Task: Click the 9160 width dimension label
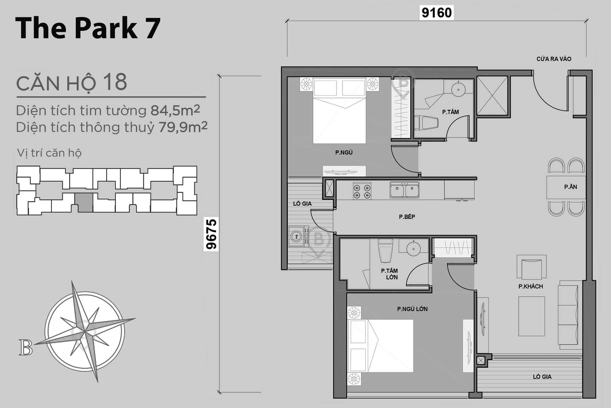[x=436, y=13]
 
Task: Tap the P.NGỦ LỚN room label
[x=412, y=309]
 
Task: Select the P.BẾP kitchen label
[x=407, y=217]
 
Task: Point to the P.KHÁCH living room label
[x=530, y=286]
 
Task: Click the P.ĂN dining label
[x=570, y=187]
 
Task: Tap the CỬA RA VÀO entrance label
[x=554, y=59]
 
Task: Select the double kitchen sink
[x=404, y=190]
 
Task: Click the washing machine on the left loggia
[x=296, y=237]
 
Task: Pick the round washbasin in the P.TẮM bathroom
[x=458, y=89]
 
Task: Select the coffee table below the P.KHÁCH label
[x=531, y=316]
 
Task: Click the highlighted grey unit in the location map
[x=84, y=203]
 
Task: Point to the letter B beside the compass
[x=25, y=347]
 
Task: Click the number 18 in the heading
[x=115, y=82]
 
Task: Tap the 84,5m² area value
[x=175, y=111]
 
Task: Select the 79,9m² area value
[x=183, y=127]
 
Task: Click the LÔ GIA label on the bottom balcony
[x=542, y=377]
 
